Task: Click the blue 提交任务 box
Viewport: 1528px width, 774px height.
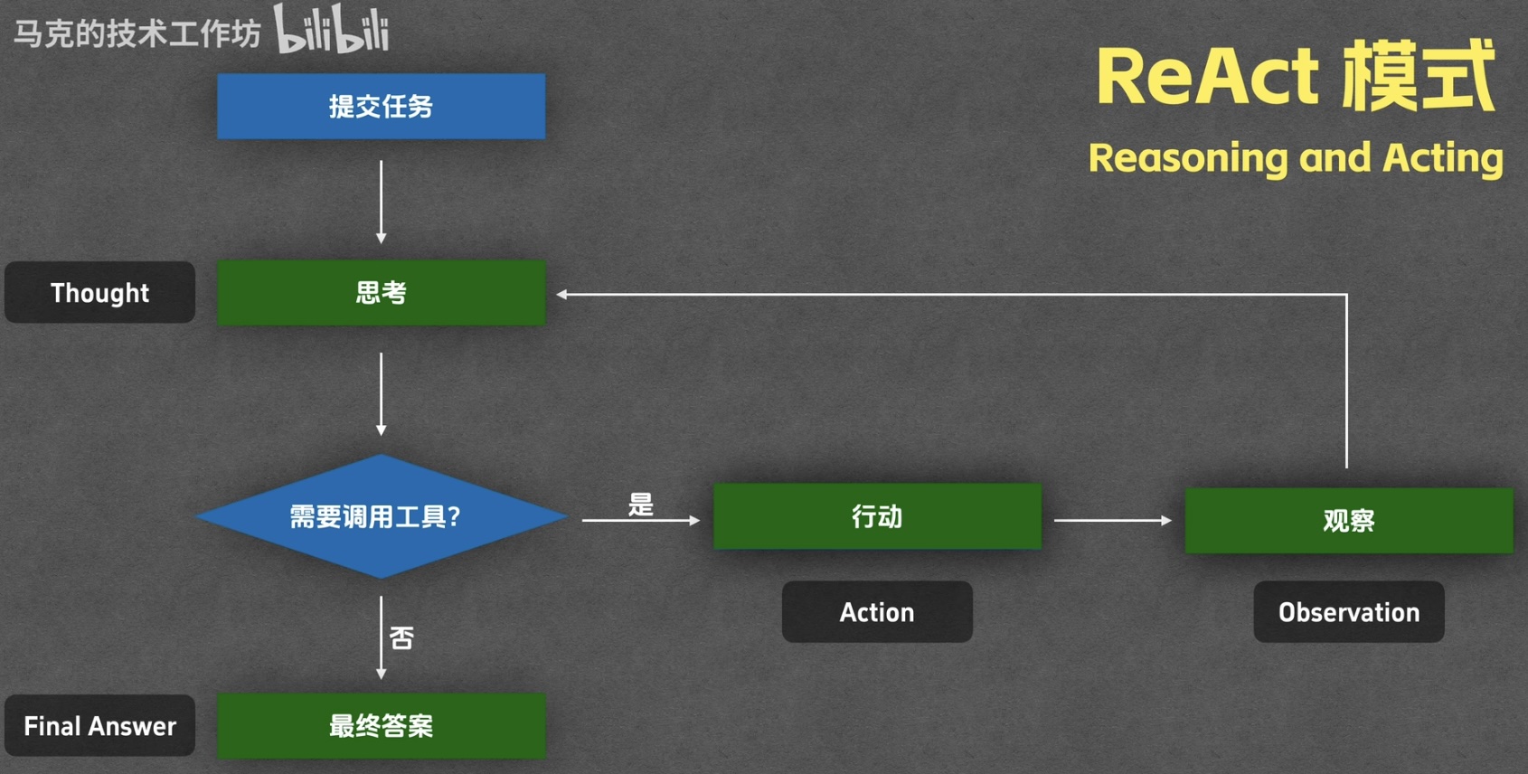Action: pyautogui.click(x=382, y=107)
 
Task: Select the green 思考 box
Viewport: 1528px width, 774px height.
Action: pyautogui.click(x=382, y=293)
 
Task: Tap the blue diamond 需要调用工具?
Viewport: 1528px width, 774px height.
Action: pyautogui.click(x=382, y=516)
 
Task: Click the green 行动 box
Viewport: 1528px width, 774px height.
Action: pyautogui.click(x=877, y=516)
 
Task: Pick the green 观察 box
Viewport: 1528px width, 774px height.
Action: pyautogui.click(x=1349, y=520)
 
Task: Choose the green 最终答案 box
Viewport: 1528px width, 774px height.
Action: pyautogui.click(x=382, y=726)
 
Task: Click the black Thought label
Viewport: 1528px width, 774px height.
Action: pyautogui.click(x=99, y=293)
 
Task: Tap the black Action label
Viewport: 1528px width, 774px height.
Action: pyautogui.click(x=877, y=612)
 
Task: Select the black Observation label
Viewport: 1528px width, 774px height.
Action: pyautogui.click(x=1349, y=612)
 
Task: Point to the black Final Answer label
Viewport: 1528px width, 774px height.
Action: pyautogui.click(x=99, y=725)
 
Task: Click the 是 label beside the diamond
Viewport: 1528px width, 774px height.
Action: pyautogui.click(x=640, y=505)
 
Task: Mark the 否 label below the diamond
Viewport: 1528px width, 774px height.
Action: pyautogui.click(x=401, y=638)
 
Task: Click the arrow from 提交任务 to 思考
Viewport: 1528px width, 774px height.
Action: pyautogui.click(x=382, y=203)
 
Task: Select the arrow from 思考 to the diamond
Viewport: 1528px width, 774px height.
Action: pyautogui.click(x=382, y=394)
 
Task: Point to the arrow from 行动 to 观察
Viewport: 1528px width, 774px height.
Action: pyautogui.click(x=1113, y=520)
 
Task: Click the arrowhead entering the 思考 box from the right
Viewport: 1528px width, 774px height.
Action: pyautogui.click(x=561, y=295)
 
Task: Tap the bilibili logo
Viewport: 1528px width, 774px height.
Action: pyautogui.click(x=332, y=29)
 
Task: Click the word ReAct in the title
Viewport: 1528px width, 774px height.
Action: pyautogui.click(x=1207, y=76)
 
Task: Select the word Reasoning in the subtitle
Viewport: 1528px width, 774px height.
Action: pyautogui.click(x=1186, y=159)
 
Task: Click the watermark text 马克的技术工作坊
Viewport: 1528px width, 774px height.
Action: pyautogui.click(x=137, y=33)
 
